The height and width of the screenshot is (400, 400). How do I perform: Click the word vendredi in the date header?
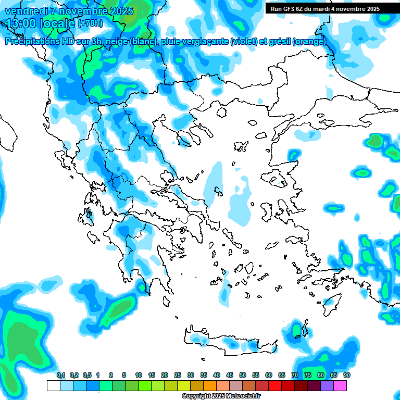coord(26,11)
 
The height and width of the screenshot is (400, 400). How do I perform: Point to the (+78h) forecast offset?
coord(90,23)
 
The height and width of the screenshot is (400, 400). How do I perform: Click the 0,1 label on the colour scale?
coord(60,376)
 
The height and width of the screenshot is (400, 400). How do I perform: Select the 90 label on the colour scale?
coord(346,376)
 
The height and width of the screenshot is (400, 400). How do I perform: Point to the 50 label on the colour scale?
coord(243,376)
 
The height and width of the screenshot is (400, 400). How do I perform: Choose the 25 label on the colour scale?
coord(178,376)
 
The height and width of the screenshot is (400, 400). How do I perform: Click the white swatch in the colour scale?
coord(53,385)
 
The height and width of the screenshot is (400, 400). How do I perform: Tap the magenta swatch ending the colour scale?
coord(340,385)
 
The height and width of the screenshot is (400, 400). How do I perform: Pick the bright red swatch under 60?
coord(275,385)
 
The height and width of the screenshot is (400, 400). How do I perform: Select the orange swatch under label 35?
coord(210,385)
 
